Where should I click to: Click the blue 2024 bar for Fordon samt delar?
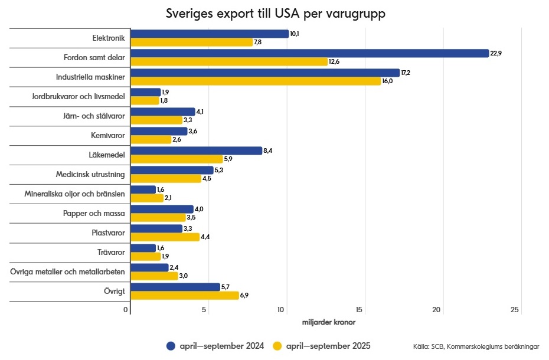(309, 53)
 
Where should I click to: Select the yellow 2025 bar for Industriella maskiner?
(256, 81)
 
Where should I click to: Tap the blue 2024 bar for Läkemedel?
(196, 150)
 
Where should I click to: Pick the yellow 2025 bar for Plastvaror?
(165, 237)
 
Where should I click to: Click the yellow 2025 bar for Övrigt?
(184, 295)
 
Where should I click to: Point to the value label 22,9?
(496, 53)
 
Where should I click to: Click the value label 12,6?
(335, 61)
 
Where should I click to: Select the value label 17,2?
(407, 73)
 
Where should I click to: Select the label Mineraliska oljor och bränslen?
(74, 194)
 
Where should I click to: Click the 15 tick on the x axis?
(360, 310)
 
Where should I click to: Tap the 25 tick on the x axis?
(515, 310)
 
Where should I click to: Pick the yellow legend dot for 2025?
(278, 346)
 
